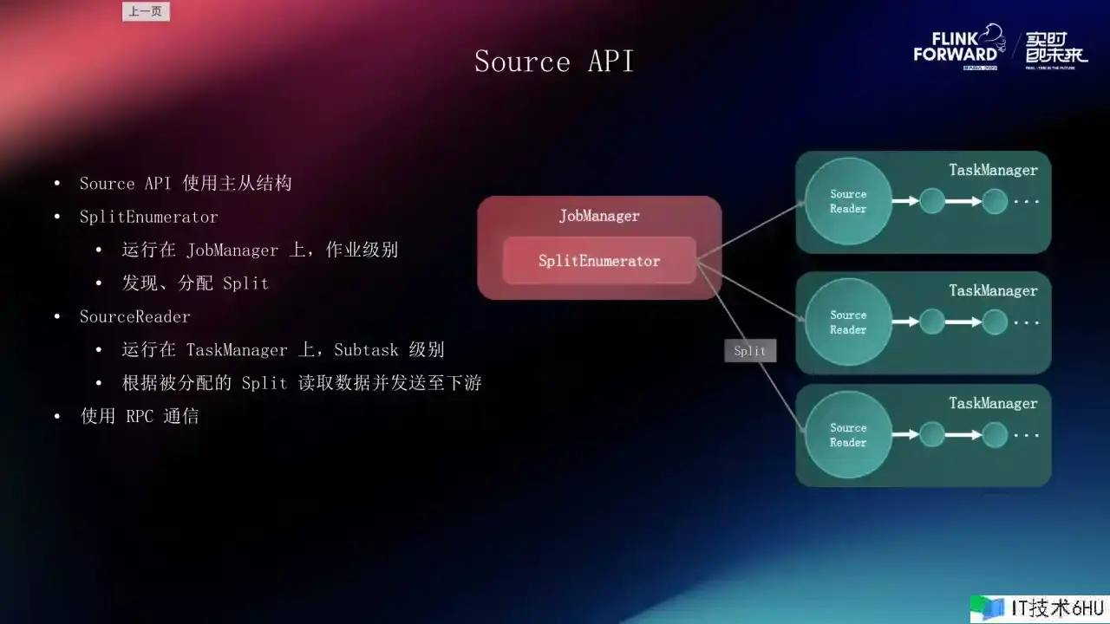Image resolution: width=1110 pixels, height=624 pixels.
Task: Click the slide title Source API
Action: (554, 62)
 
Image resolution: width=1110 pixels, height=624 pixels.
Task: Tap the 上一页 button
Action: (146, 11)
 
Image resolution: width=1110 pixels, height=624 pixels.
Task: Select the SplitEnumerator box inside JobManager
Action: (599, 261)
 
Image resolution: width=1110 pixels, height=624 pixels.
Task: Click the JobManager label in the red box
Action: (599, 216)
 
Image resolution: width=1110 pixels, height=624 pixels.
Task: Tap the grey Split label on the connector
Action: (750, 350)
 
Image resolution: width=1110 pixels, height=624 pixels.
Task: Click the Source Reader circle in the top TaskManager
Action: (848, 201)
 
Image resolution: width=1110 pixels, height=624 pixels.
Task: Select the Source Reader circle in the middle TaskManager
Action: (848, 322)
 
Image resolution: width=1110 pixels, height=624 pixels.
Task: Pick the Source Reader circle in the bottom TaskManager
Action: (848, 435)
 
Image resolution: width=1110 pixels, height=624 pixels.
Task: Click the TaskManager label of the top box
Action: (993, 170)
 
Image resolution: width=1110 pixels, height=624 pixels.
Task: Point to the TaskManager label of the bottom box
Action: (993, 403)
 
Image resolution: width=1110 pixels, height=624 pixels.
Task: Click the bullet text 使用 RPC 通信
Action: (140, 416)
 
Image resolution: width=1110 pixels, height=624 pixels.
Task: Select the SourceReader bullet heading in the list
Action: (134, 316)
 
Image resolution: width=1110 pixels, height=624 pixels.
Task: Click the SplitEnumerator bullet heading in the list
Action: (148, 217)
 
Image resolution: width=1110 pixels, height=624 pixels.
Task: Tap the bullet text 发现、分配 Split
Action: (195, 283)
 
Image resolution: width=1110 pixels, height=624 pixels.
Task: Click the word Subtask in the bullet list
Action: (366, 350)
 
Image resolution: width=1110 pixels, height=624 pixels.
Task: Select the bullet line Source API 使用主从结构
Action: (186, 184)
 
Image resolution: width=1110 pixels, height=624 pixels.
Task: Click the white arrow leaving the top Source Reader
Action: (905, 201)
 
